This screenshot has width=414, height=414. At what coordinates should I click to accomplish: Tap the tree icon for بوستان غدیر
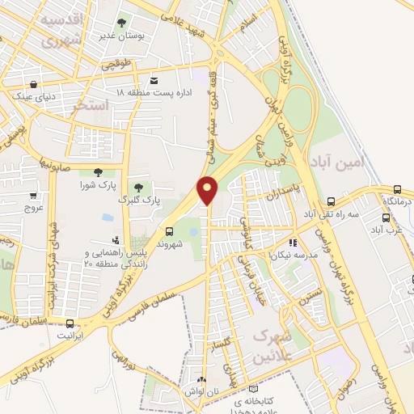tap(122, 23)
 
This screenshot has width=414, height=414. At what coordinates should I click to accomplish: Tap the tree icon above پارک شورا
tap(98, 171)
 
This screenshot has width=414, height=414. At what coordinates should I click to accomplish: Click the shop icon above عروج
tap(33, 195)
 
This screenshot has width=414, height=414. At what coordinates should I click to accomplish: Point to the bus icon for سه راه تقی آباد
tap(331, 202)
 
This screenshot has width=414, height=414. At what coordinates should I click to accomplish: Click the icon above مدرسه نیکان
tap(293, 241)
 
